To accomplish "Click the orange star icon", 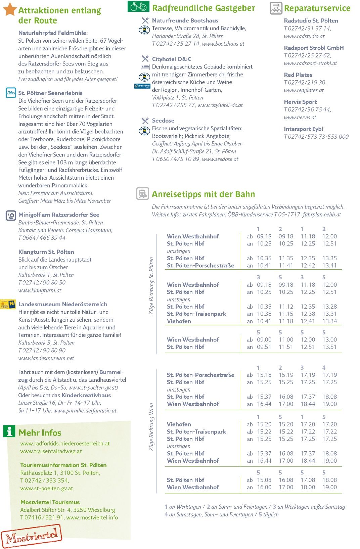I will click(x=10, y=9).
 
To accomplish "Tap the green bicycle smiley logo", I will click(x=138, y=6).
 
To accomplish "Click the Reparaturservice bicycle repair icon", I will click(x=276, y=8).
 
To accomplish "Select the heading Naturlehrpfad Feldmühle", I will click(x=53, y=33).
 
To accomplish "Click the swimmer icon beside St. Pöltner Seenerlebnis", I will click(x=11, y=93).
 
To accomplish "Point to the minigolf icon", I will click(x=11, y=215).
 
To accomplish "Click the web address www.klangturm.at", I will click(x=40, y=290).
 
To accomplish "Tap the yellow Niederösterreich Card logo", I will click(x=8, y=304).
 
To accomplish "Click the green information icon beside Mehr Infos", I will click(x=9, y=431).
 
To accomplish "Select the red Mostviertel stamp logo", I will click(x=32, y=536).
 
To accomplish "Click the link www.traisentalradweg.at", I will click(x=51, y=451).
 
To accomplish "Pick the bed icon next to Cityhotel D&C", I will click(x=145, y=67).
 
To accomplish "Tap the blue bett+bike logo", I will click(x=142, y=86).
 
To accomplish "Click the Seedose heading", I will click(x=163, y=121).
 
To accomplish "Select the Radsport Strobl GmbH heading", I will click(x=314, y=48).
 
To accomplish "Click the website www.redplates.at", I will click(x=304, y=90).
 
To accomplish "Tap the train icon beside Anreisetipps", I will click(x=143, y=194).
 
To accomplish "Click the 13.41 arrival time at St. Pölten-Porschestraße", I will click(x=329, y=265).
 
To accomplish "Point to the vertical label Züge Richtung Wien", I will click(x=151, y=427).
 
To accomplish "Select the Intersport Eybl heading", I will click(x=303, y=129).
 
